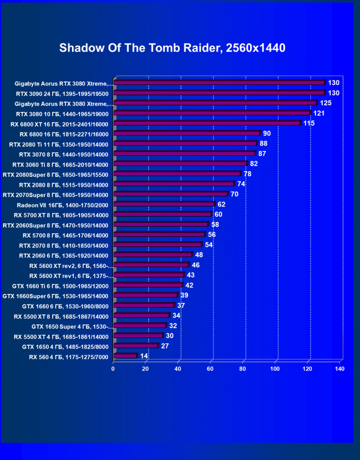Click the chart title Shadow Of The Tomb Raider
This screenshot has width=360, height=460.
tap(172, 49)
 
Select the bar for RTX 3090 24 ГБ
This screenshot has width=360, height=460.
tap(219, 93)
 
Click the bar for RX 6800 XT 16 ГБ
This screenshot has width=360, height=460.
tap(207, 123)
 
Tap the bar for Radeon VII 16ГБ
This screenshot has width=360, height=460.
tap(163, 204)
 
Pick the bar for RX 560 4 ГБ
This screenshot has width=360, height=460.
tap(125, 356)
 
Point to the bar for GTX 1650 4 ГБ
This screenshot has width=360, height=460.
tap(135, 346)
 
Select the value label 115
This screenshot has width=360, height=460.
tap(309, 123)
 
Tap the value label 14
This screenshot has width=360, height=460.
tap(144, 356)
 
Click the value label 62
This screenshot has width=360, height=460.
tap(221, 204)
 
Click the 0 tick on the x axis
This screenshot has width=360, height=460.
tap(113, 369)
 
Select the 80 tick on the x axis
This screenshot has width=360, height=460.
tap(243, 369)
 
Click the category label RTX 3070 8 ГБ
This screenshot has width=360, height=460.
tap(63, 154)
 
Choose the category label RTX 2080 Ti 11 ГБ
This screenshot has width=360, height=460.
tap(59, 144)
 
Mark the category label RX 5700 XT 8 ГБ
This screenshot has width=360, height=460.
tap(61, 215)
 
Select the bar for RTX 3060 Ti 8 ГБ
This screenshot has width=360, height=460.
tap(180, 164)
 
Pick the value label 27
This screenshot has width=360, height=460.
tap(165, 346)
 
